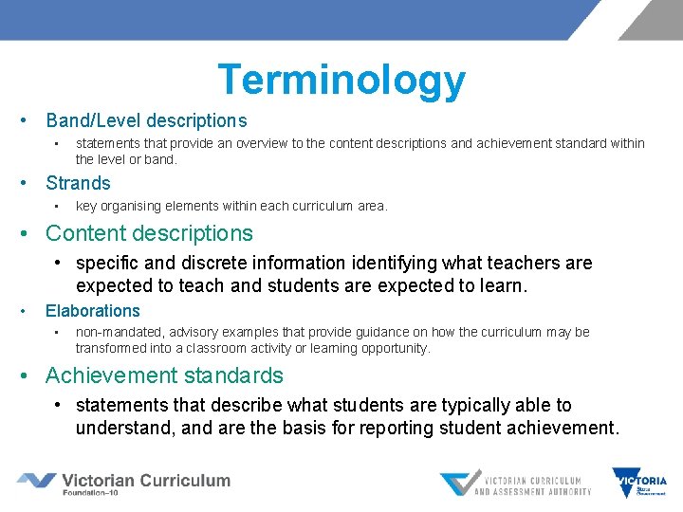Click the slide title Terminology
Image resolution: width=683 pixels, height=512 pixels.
(341, 80)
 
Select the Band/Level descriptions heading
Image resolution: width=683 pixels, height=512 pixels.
(146, 120)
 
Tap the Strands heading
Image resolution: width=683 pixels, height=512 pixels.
(78, 183)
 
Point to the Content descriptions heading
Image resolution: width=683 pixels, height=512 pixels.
(149, 232)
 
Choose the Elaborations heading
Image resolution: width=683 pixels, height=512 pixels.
(92, 310)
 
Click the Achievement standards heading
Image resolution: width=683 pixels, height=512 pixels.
(164, 375)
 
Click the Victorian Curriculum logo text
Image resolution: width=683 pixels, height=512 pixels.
(146, 480)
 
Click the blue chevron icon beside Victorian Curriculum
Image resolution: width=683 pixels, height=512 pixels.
(36, 481)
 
